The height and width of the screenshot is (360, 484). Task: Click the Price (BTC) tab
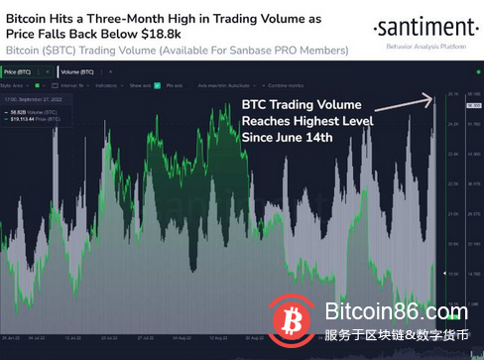21,71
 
